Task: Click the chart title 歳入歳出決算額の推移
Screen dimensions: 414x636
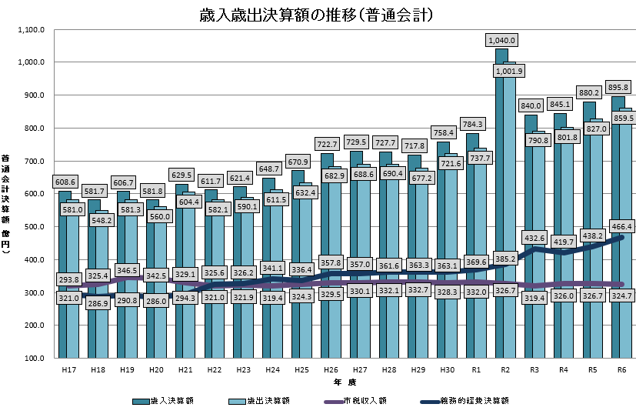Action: tap(317, 15)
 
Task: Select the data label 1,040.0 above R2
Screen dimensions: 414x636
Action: tap(501, 40)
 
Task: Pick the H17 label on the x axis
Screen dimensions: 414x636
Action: tap(68, 370)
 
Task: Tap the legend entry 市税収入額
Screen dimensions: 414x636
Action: tap(366, 401)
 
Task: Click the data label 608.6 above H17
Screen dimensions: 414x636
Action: tap(65, 182)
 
